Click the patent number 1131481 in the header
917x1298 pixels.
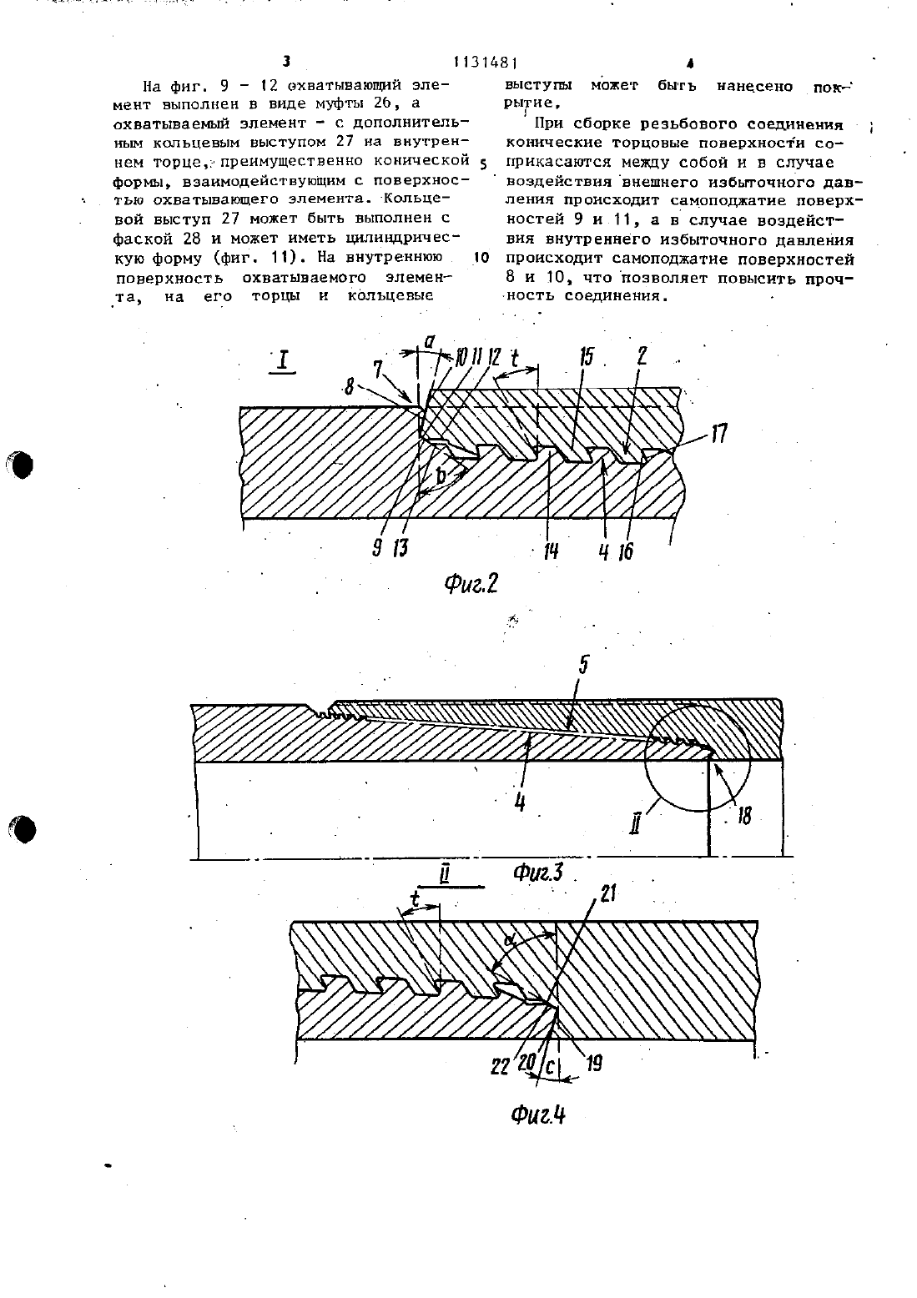(x=485, y=62)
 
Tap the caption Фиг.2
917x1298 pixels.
(x=471, y=584)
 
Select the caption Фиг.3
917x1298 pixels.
(x=538, y=872)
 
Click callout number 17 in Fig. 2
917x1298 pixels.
(x=718, y=433)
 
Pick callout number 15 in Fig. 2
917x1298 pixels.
(x=587, y=357)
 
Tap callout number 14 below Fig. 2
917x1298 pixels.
(x=551, y=551)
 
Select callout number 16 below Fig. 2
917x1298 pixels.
(x=626, y=551)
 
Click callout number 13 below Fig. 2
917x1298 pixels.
(x=400, y=547)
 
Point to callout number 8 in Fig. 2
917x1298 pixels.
(x=350, y=387)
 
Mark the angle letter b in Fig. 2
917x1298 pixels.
(x=441, y=476)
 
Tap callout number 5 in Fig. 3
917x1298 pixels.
(x=584, y=665)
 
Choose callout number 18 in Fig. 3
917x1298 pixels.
(x=744, y=816)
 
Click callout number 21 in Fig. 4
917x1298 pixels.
(x=607, y=895)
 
